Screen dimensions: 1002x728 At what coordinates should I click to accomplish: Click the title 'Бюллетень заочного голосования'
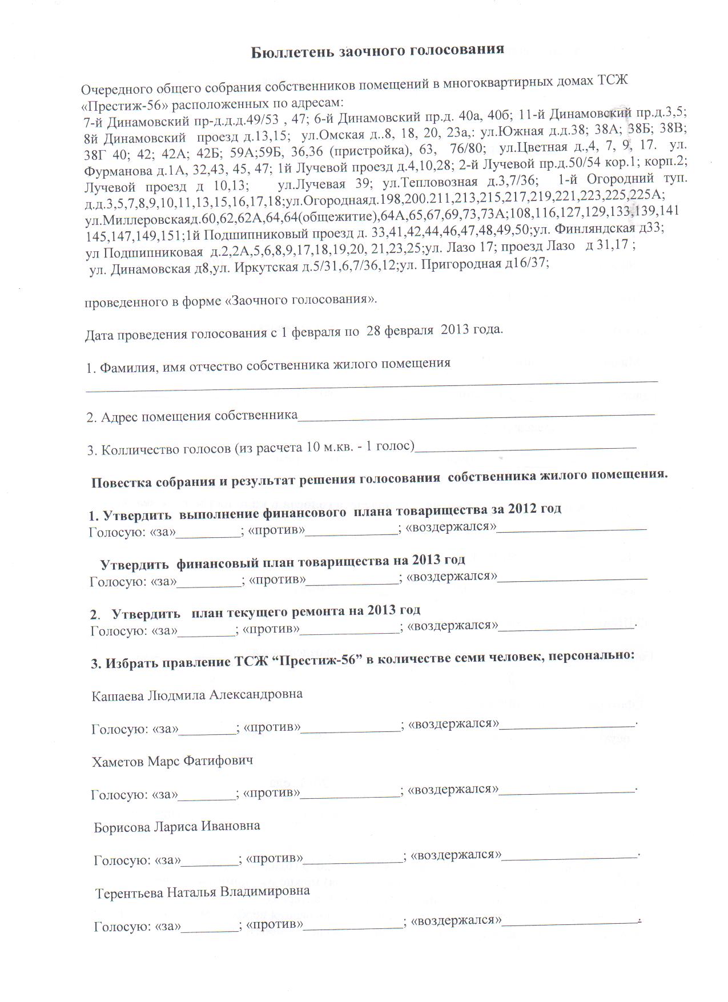tap(377, 50)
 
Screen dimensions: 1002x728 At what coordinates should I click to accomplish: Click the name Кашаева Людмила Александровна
tap(197, 695)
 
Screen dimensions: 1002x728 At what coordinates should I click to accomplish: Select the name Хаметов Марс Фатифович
tap(172, 761)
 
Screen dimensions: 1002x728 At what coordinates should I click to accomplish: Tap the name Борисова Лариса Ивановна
tap(177, 826)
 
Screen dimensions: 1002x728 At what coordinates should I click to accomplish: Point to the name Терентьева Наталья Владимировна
tap(202, 891)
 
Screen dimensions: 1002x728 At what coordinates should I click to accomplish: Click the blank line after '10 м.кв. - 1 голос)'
tap(525, 446)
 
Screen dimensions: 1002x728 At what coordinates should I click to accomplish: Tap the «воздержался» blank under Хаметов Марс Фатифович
tap(567, 791)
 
